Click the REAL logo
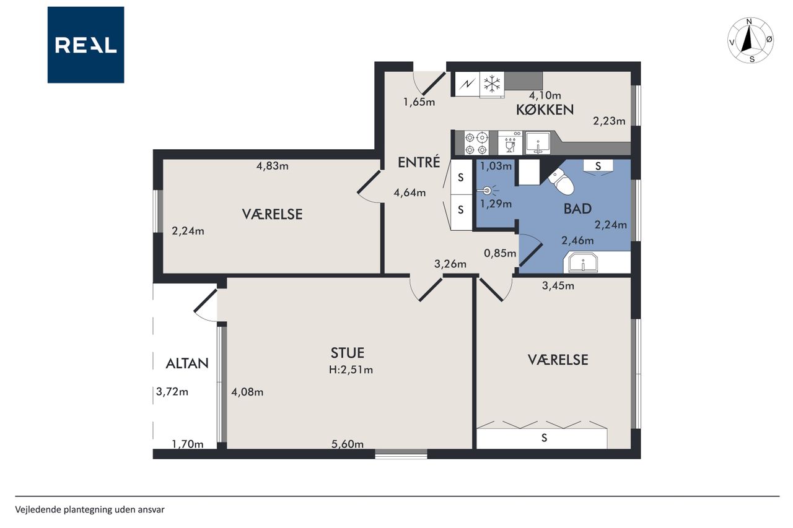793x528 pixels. pos(85,45)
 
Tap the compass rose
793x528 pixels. pos(750,40)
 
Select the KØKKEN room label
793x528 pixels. pos(545,110)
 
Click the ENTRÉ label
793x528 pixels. pos(419,162)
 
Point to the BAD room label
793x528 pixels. pos(577,209)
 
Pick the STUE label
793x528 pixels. pos(348,353)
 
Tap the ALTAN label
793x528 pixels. pos(187,363)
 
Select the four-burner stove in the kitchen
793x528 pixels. pos(476,143)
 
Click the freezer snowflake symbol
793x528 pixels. pos(492,84)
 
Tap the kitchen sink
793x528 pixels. pos(538,143)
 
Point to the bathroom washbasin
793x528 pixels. pos(583,263)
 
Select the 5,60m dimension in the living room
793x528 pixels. pos(348,444)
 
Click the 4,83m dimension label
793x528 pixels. pos(272,165)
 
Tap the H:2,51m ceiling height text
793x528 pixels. pos(351,370)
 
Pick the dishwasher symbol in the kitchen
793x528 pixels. pos(510,143)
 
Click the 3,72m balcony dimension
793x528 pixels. pos(172,391)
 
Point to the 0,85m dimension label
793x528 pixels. pos(500,253)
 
